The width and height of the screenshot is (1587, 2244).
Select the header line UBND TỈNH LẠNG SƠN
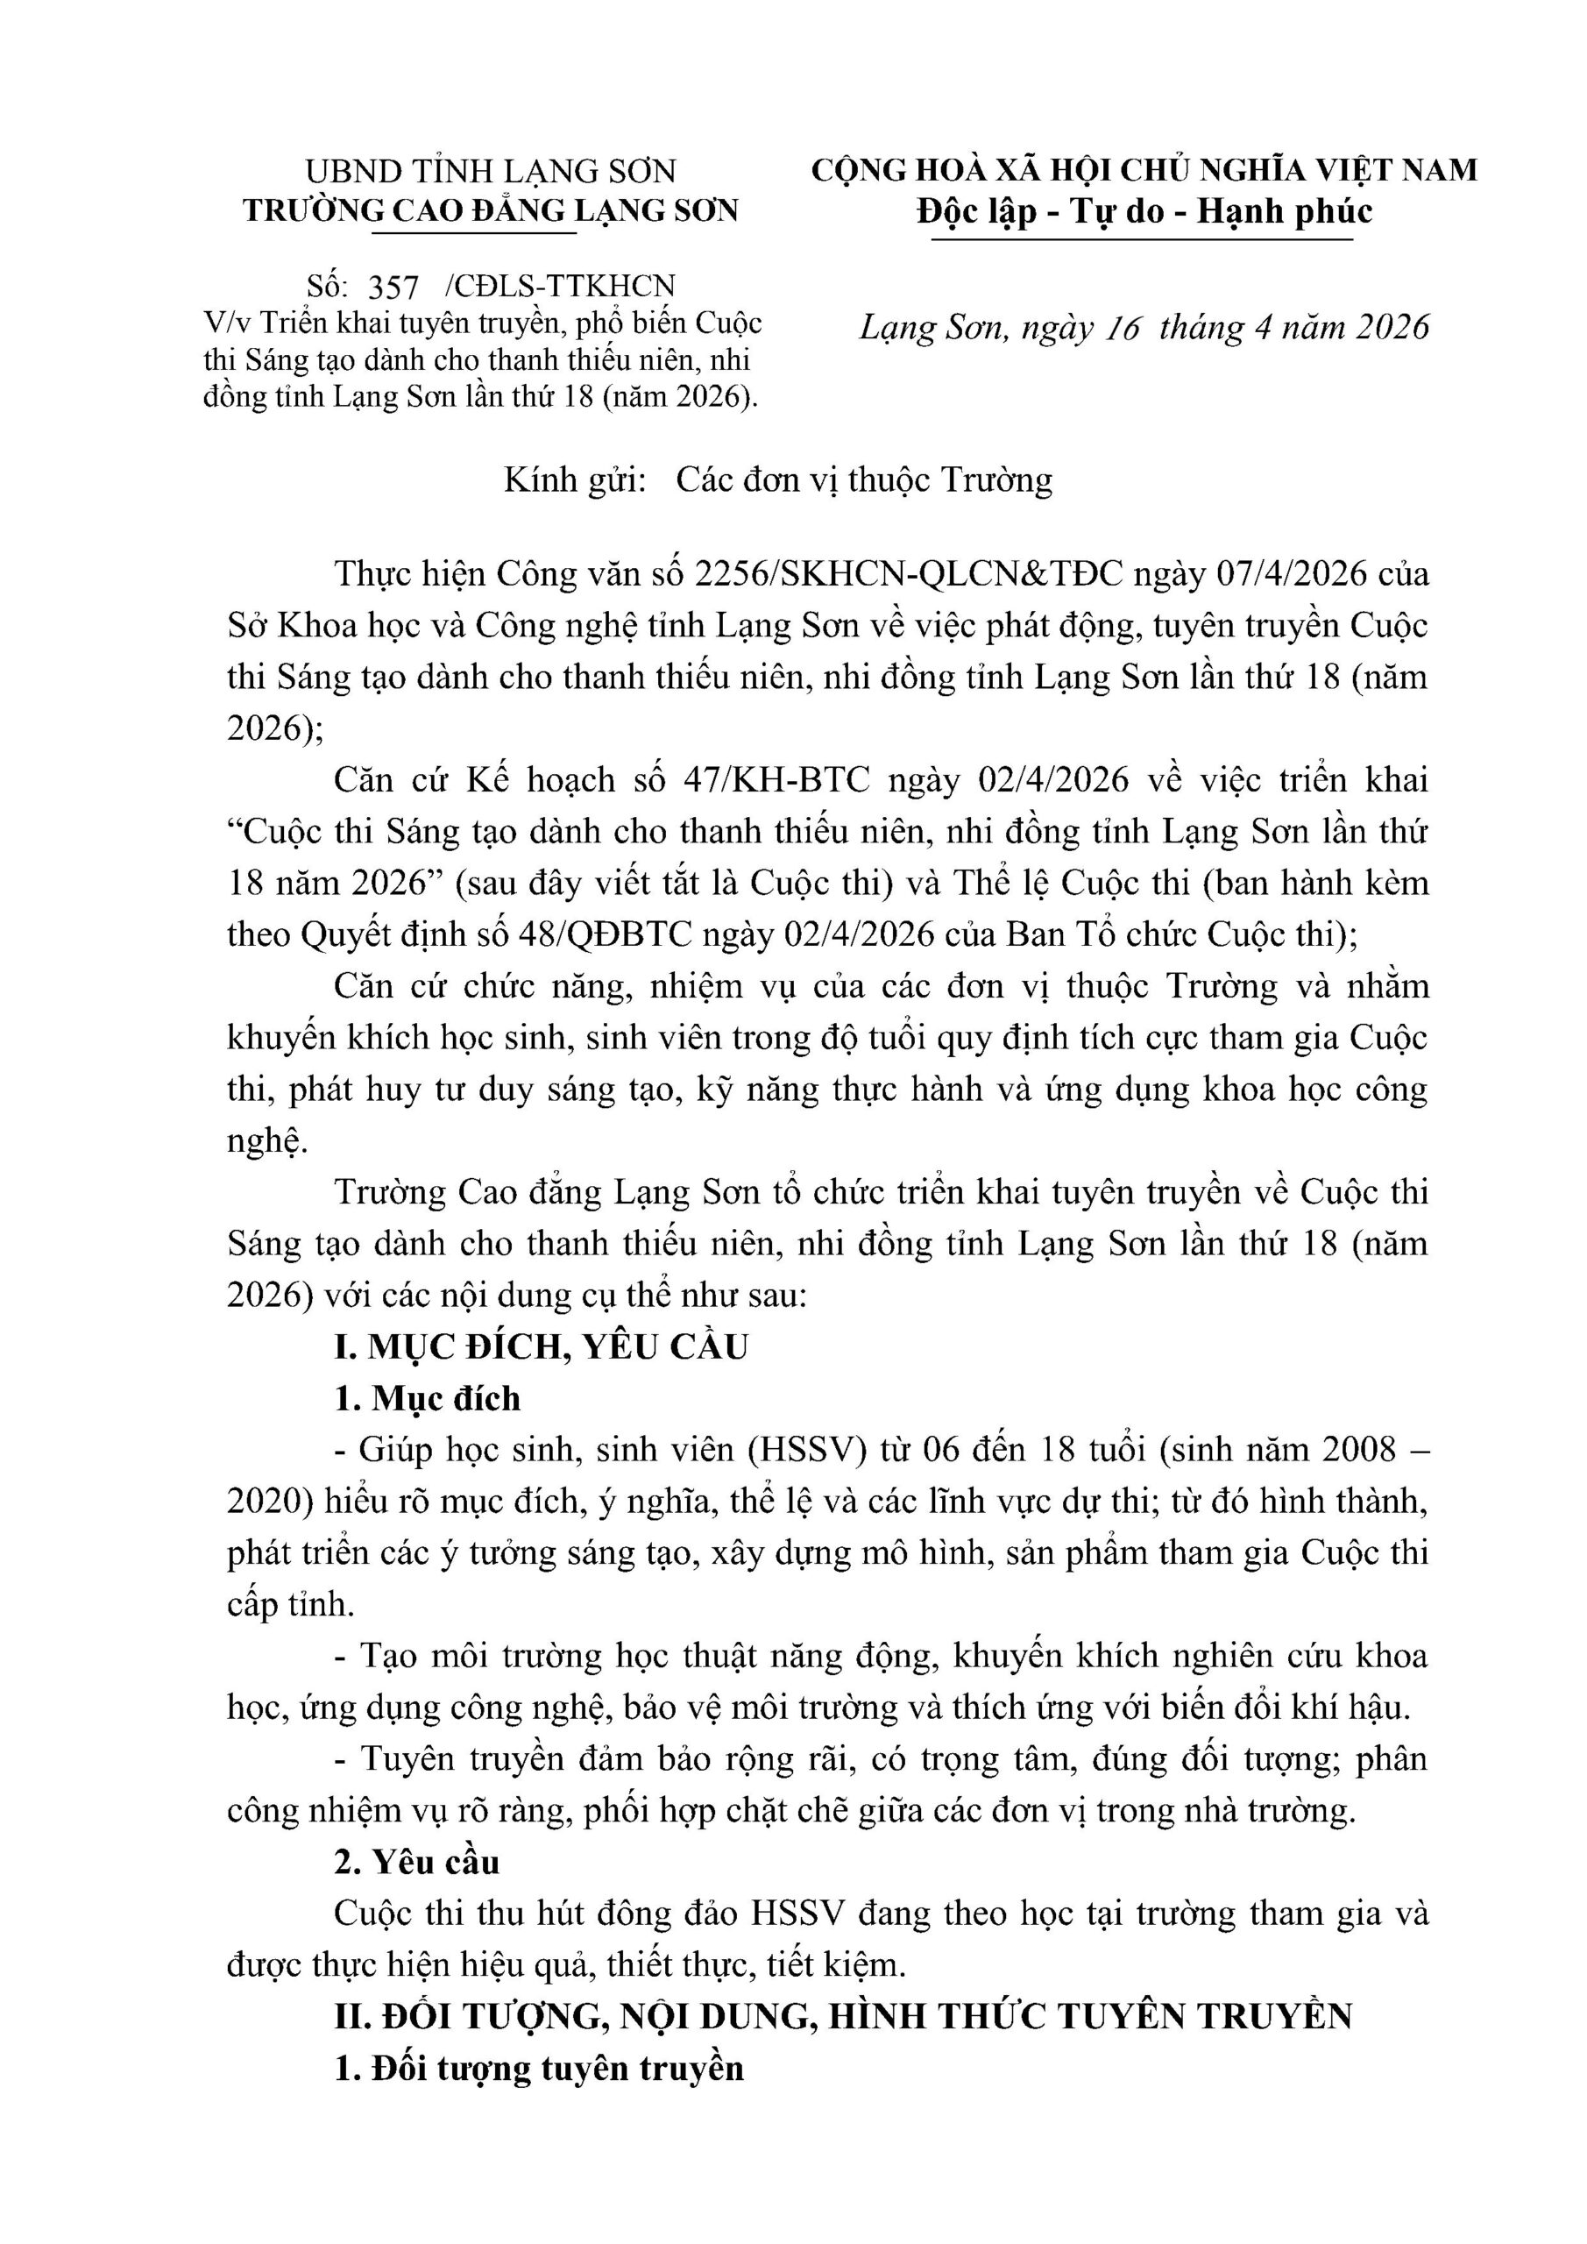(491, 171)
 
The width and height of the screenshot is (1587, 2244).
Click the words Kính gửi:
(576, 479)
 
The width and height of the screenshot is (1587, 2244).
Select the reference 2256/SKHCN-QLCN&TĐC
(908, 572)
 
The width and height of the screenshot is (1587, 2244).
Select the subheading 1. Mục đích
(427, 1399)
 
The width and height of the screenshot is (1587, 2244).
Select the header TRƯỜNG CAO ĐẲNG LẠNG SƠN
(491, 211)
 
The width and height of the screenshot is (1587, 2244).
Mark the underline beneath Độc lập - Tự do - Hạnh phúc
(1141, 239)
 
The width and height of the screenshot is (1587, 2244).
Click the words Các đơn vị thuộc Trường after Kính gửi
(865, 479)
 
